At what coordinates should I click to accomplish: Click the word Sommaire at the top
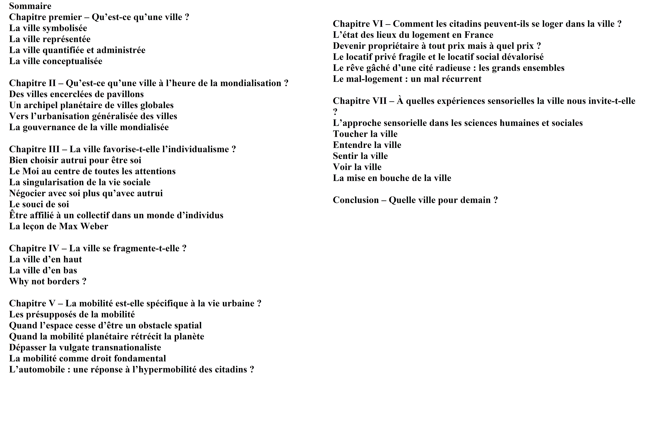[x=30, y=6]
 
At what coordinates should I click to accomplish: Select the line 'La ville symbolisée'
[x=48, y=28]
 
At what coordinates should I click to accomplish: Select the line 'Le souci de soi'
[x=39, y=204]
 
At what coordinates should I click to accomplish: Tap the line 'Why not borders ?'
[x=48, y=281]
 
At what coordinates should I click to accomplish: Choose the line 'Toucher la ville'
[x=365, y=134]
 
